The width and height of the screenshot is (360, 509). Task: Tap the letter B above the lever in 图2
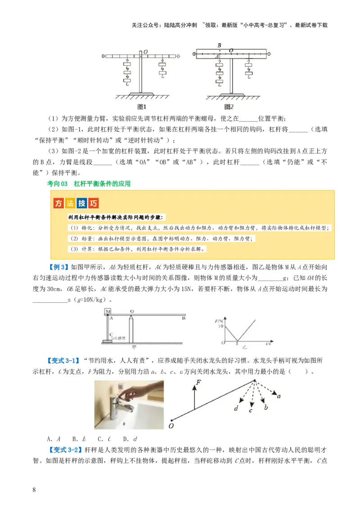tap(219, 45)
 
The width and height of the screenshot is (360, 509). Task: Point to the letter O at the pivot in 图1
tap(145, 52)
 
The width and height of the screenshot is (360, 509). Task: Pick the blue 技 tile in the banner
tap(82, 203)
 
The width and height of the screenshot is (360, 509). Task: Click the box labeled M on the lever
tap(108, 312)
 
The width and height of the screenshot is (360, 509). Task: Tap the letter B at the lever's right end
tap(183, 318)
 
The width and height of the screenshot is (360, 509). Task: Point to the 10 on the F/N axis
tap(220, 326)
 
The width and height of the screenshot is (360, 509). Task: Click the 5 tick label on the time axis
tap(237, 344)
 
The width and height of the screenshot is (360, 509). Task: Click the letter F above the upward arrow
tap(198, 383)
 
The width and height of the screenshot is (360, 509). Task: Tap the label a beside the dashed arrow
tap(279, 396)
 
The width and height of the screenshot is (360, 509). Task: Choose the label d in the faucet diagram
tap(236, 408)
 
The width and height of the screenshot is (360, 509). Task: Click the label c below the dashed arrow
tap(251, 410)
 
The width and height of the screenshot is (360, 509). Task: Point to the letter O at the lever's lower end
tap(171, 426)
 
